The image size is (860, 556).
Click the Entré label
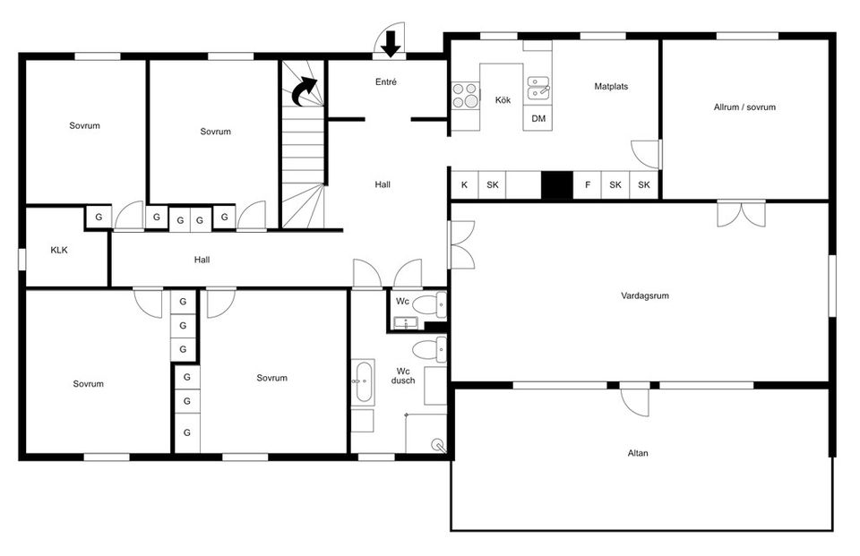[385, 81]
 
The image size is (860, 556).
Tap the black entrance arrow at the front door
[391, 44]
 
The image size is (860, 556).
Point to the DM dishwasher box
[538, 118]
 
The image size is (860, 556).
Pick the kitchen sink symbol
[538, 89]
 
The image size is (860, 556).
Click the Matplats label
[611, 86]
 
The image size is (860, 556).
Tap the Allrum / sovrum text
[744, 107]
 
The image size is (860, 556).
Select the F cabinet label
[588, 184]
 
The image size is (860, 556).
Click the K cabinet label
[464, 184]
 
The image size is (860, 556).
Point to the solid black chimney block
[556, 185]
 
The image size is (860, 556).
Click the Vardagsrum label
[644, 295]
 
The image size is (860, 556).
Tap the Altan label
[637, 453]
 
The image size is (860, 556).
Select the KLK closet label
[59, 250]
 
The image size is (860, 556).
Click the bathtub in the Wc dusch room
[363, 382]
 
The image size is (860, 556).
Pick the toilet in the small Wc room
[429, 305]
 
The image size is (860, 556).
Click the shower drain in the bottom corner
[438, 444]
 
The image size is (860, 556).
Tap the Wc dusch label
[402, 376]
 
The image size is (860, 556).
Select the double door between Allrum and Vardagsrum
[741, 214]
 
